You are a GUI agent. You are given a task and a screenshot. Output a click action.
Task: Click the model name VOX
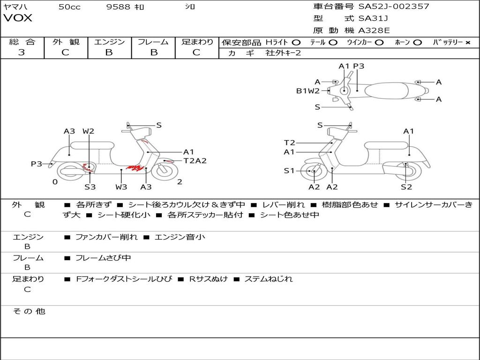point(18,18)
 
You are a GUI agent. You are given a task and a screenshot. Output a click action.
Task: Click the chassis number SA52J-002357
point(394,7)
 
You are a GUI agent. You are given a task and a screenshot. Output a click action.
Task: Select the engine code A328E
point(374,31)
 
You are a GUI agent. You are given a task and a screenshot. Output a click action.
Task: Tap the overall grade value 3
point(22,52)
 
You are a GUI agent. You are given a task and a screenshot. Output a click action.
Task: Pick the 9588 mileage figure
point(118,7)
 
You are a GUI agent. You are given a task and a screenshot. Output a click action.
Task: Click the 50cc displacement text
point(69,7)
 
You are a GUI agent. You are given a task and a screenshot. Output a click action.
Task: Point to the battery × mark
point(467,43)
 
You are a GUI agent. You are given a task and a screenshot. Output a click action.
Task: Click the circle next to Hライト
point(296,43)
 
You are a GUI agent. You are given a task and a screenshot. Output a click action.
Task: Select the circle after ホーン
point(418,43)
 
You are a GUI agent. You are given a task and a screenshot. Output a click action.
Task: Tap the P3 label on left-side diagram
point(37,164)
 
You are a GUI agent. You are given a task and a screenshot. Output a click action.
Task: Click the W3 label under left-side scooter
point(121,187)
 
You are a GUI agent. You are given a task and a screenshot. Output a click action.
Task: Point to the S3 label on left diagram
point(90,187)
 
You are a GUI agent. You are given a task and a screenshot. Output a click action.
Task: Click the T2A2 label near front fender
point(195,161)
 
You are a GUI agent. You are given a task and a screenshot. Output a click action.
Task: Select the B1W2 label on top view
point(307,91)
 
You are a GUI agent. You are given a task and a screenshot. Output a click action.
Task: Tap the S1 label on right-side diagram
point(289,171)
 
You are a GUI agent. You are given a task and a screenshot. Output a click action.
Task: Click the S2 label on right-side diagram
point(406,187)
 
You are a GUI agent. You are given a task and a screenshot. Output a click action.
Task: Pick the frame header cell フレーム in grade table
point(153,42)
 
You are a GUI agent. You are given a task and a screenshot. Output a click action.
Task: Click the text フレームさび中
point(103,258)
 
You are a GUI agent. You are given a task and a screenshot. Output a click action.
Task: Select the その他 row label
point(29,311)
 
